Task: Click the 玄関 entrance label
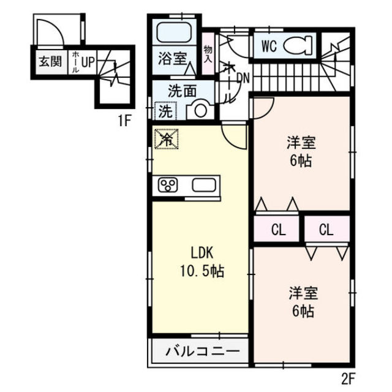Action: pyautogui.click(x=50, y=61)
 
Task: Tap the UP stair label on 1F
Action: pyautogui.click(x=88, y=62)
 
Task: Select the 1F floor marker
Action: pyautogui.click(x=124, y=121)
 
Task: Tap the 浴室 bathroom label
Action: pyautogui.click(x=173, y=59)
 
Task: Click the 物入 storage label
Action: pyautogui.click(x=208, y=54)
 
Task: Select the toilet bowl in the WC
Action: pyautogui.click(x=298, y=45)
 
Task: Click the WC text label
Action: pyautogui.click(x=269, y=46)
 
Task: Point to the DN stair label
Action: pyautogui.click(x=243, y=78)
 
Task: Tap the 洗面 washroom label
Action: pyautogui.click(x=182, y=91)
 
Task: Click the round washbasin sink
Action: pyautogui.click(x=200, y=110)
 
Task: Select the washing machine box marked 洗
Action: pyautogui.click(x=165, y=111)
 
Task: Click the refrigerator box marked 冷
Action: pyautogui.click(x=167, y=139)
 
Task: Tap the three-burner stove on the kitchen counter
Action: pyautogui.click(x=167, y=186)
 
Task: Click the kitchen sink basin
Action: pyautogui.click(x=204, y=185)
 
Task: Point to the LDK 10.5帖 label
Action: pyautogui.click(x=202, y=262)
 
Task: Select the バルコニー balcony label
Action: pyautogui.click(x=203, y=352)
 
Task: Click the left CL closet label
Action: pyautogui.click(x=278, y=230)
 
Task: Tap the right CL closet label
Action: pyautogui.click(x=326, y=230)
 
